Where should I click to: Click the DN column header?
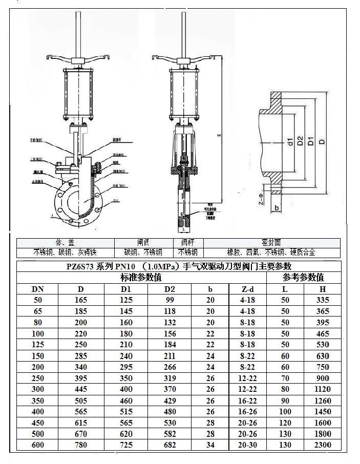(x=37, y=289)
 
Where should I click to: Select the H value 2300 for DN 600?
(x=323, y=445)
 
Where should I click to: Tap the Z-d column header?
(x=248, y=289)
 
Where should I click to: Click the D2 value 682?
(x=170, y=445)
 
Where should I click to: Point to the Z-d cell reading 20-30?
(x=248, y=445)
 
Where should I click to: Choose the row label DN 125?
(x=37, y=345)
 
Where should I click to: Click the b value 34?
(x=210, y=445)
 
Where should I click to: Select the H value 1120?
(x=323, y=389)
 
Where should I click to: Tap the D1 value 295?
(x=126, y=367)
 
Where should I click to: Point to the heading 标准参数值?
(x=141, y=278)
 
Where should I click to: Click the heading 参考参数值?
(x=303, y=278)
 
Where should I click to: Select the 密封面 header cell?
(x=271, y=242)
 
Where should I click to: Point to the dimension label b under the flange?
(x=277, y=208)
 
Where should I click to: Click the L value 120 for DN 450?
(x=285, y=423)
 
